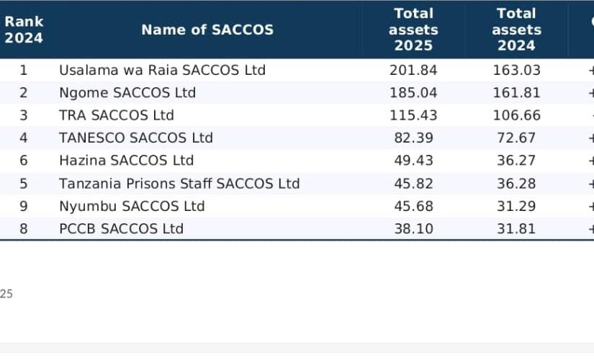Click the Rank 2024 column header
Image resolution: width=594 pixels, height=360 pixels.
24,30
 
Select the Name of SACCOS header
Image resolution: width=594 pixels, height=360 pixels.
207,30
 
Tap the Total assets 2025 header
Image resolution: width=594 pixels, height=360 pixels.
413,30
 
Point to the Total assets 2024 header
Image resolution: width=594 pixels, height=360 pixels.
516,30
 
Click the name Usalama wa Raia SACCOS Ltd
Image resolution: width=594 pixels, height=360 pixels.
162,70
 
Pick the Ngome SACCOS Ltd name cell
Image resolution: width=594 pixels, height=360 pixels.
127,93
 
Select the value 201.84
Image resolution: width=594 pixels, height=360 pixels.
413,70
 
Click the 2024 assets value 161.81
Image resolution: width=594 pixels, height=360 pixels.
516,93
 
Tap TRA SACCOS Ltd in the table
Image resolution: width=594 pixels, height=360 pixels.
117,115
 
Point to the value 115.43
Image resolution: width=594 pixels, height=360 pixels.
413,115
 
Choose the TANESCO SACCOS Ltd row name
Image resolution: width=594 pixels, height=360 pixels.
136,138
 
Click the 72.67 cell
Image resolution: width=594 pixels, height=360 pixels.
516,138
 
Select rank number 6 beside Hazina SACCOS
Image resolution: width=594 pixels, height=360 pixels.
24,161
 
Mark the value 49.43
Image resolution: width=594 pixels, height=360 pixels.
413,161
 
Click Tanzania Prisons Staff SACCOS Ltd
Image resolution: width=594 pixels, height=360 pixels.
179,184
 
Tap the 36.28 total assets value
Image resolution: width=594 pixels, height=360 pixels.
516,184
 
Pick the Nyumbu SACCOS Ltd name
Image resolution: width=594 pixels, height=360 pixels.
132,206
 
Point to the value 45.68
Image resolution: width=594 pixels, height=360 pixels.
413,206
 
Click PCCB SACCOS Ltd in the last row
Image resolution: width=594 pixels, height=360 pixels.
121,228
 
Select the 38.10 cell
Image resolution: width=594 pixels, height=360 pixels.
413,228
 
